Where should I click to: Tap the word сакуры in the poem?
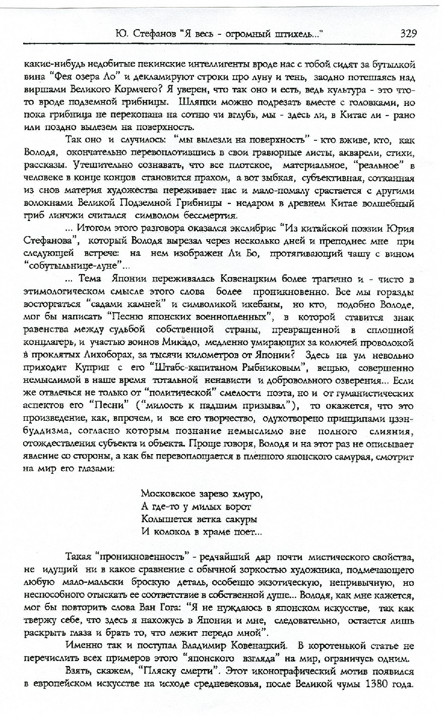tap(240, 518)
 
